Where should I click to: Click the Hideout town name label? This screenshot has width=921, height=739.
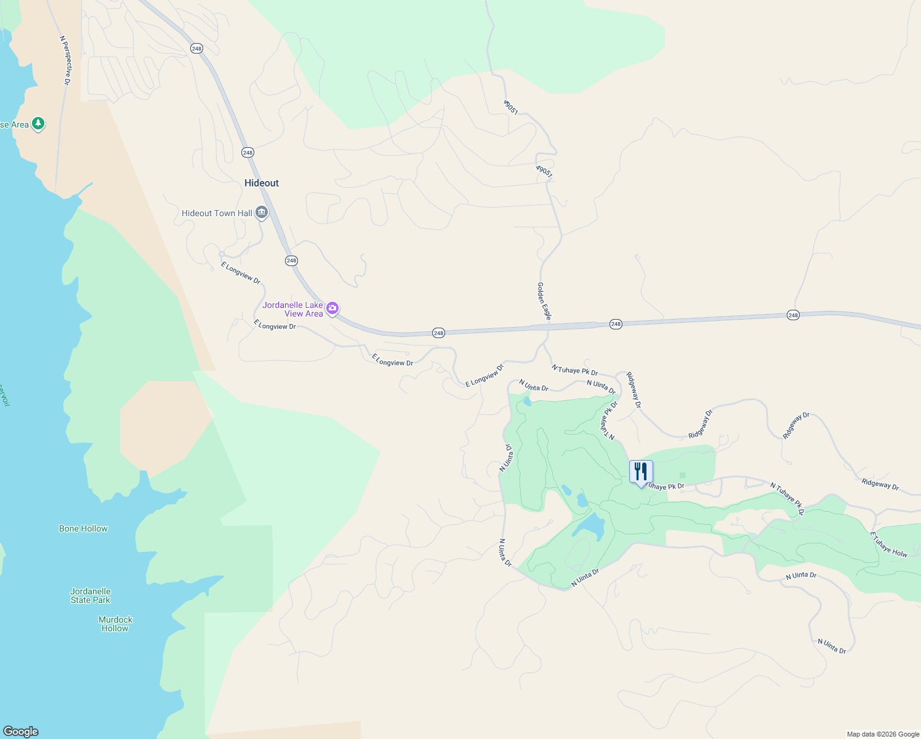coord(262,183)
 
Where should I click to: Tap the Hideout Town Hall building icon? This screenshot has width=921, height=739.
coord(262,213)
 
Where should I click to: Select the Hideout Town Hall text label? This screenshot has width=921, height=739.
coord(217,213)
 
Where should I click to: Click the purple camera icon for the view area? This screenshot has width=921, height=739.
coord(332,308)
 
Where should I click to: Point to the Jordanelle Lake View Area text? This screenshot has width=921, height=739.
coord(293,309)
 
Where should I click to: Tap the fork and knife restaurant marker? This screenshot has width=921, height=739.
coord(641,472)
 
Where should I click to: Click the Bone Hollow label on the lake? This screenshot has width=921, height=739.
coord(83,528)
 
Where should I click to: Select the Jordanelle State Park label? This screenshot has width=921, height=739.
coord(90,596)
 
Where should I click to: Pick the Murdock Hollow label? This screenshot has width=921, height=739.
coord(115,624)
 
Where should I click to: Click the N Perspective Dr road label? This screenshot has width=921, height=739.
coord(66,60)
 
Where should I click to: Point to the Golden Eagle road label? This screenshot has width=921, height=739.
coord(544,301)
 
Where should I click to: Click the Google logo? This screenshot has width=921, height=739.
coord(21,732)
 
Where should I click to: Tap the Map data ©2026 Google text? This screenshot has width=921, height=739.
coord(883,734)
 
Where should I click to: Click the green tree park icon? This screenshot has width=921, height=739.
coord(38,124)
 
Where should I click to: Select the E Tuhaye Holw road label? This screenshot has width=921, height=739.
coord(889,545)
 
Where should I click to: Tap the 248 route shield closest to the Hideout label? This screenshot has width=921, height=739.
coord(247,152)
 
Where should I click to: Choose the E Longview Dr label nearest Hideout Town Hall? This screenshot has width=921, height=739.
coord(241,273)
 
